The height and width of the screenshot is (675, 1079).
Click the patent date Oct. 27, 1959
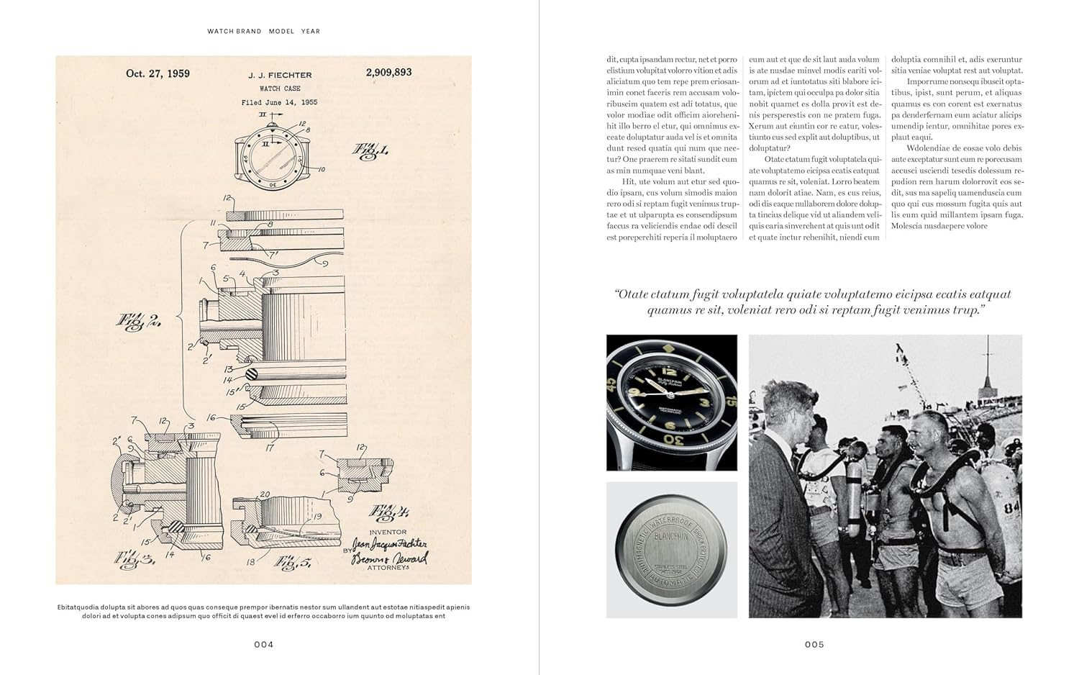[x=158, y=73]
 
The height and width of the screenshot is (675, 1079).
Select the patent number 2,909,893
[x=388, y=72]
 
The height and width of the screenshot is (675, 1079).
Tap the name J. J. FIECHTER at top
[x=280, y=75]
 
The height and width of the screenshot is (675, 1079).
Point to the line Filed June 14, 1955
[x=279, y=102]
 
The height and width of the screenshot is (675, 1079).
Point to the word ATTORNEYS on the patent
[x=388, y=568]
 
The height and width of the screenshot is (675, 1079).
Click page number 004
[x=263, y=644]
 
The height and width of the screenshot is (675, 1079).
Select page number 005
[x=814, y=644]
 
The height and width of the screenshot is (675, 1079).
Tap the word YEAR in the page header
[x=311, y=32]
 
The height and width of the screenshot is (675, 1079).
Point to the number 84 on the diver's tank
[x=1012, y=508]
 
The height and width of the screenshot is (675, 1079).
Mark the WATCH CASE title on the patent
[x=280, y=89]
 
